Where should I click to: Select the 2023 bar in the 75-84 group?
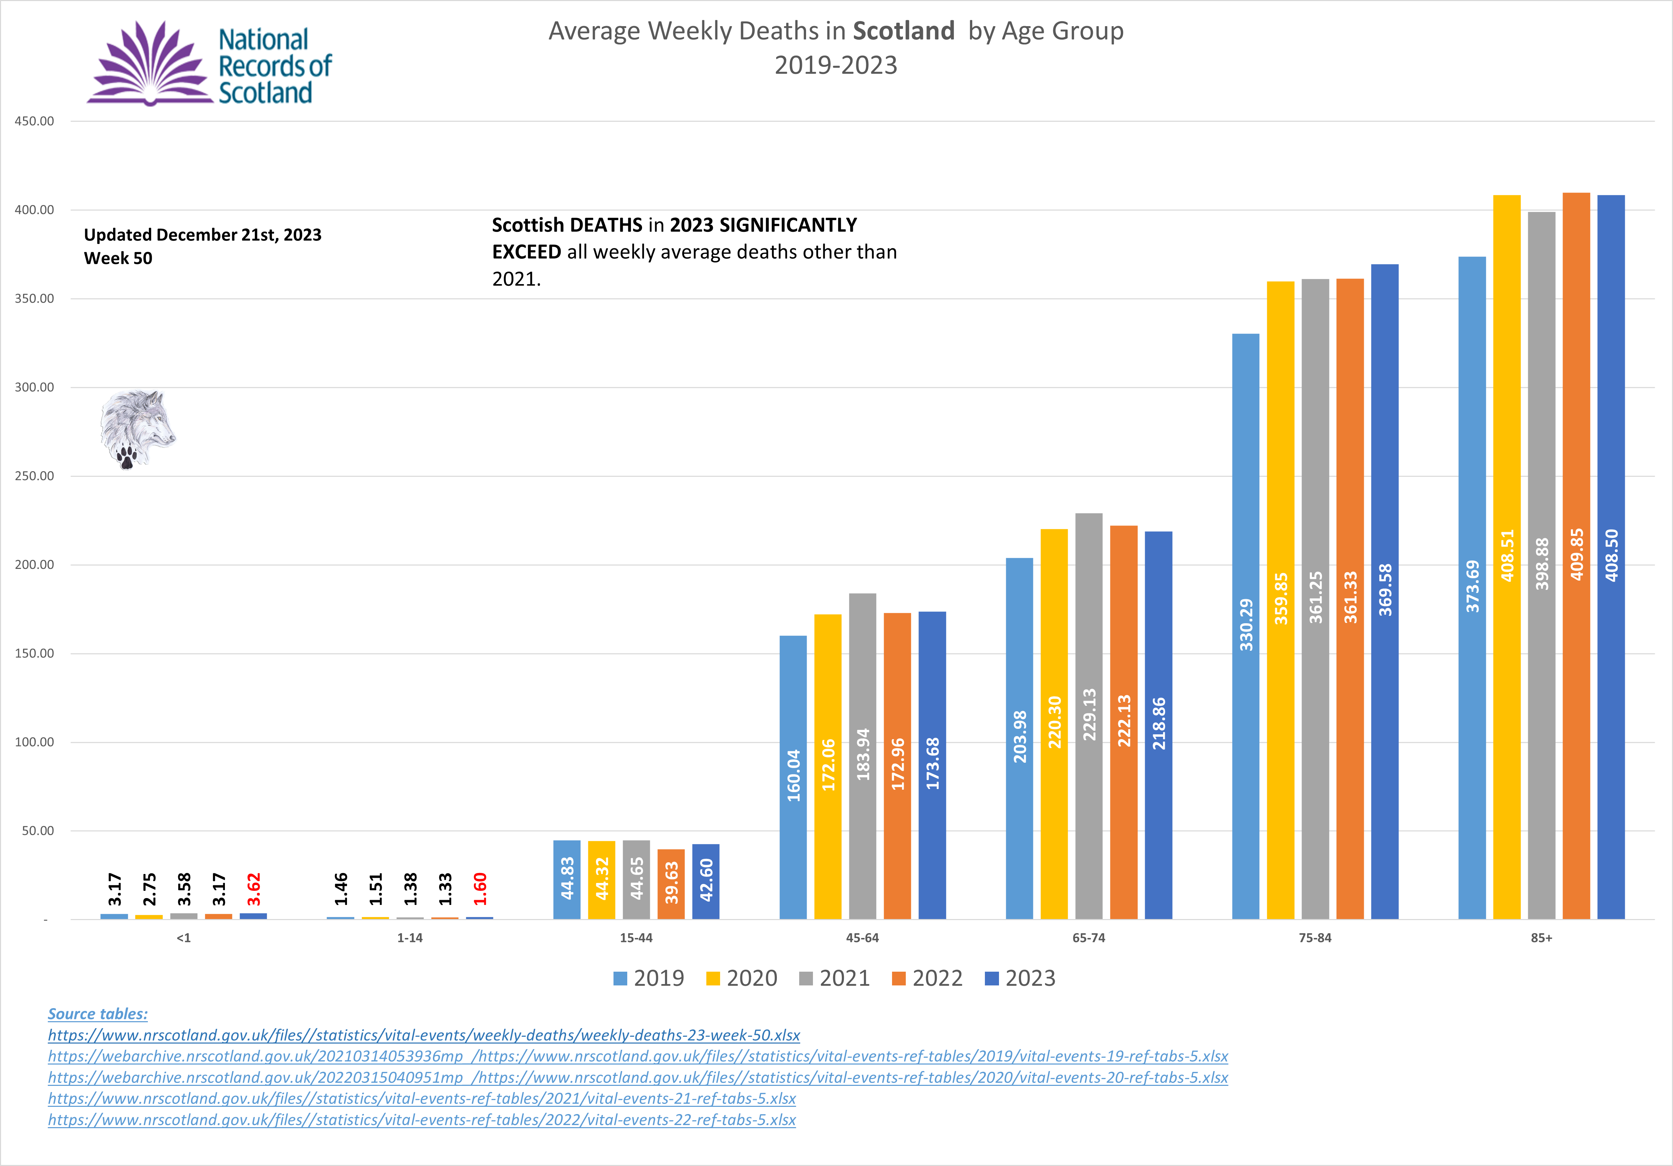1384,592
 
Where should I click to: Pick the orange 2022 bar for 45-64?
897,766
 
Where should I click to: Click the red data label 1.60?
479,889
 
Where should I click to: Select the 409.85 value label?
1576,554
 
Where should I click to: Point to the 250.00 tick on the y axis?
34,476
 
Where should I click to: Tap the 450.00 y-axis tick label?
34,121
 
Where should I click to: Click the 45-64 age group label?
862,938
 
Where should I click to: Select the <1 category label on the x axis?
184,938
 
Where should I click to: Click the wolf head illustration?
137,429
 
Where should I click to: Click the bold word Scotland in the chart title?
903,31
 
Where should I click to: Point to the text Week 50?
118,258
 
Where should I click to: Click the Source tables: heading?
98,1014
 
